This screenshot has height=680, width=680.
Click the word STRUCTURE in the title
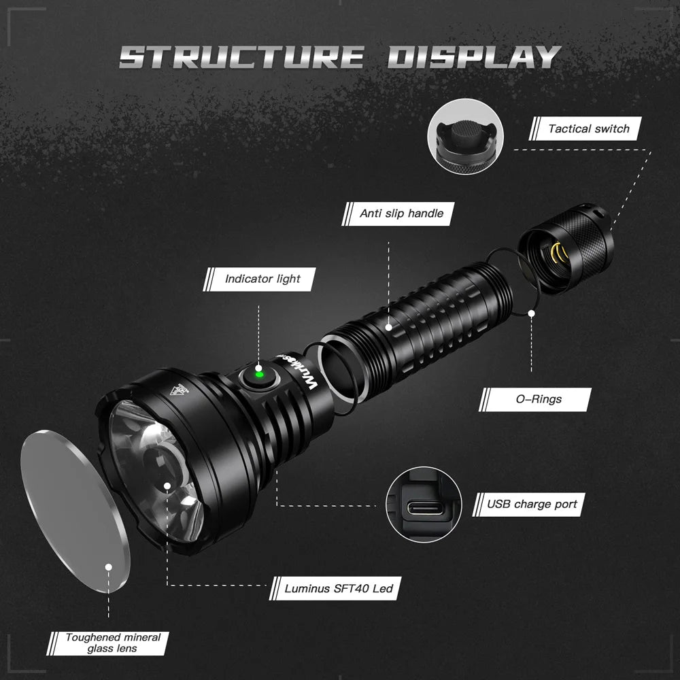coord(241,56)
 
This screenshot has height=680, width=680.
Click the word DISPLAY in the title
coord(474,56)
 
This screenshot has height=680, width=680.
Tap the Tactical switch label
coord(589,129)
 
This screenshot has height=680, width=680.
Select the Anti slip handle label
coord(401,214)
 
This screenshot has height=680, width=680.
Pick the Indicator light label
coord(262,279)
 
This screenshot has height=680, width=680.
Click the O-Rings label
coord(538,398)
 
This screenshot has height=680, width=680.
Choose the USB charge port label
coord(532,504)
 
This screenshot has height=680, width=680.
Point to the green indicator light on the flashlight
coord(258,373)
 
